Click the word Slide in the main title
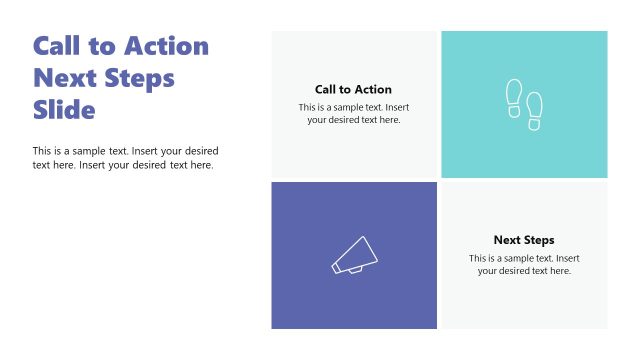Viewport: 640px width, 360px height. point(64,110)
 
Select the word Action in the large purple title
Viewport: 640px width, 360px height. point(167,46)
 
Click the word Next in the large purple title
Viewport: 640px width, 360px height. point(63,78)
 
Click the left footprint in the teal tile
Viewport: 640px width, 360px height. point(514,96)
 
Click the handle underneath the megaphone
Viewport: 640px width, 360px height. point(355,269)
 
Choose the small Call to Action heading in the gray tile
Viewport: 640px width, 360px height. point(353,89)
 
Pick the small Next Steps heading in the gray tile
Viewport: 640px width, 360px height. point(523,240)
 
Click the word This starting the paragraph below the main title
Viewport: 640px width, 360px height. point(42,151)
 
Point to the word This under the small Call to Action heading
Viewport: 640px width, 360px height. point(308,107)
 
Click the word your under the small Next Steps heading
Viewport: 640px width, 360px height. point(488,271)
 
